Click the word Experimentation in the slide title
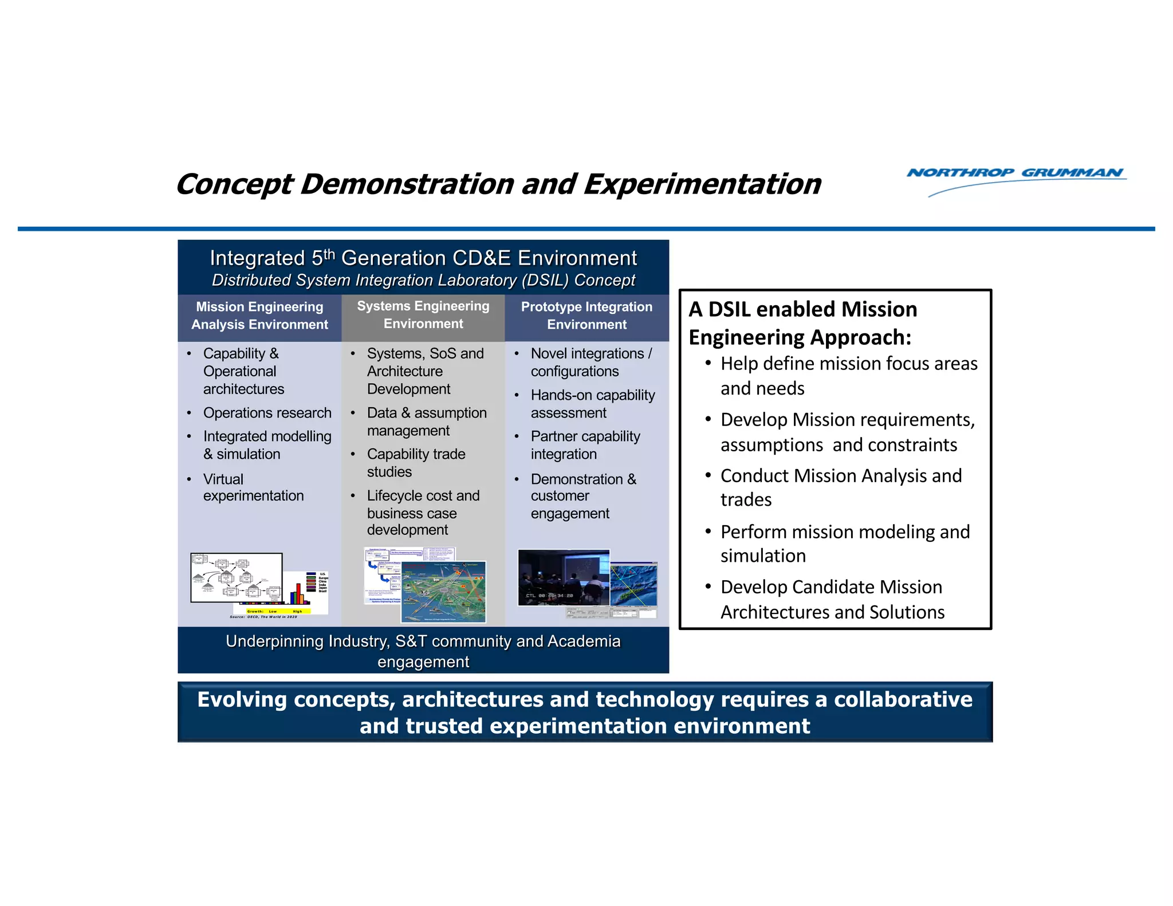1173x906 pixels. (x=702, y=185)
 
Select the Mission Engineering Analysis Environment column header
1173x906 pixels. (x=259, y=316)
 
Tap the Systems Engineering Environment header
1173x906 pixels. (x=423, y=315)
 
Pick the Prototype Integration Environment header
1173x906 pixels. (x=586, y=316)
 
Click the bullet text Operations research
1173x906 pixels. (x=267, y=413)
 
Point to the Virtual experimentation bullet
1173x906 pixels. (x=253, y=487)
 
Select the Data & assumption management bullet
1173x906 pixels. (x=427, y=422)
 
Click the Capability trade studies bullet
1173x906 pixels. (x=416, y=463)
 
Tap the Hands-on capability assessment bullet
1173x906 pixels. (x=592, y=404)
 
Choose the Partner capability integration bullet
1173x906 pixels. (x=585, y=445)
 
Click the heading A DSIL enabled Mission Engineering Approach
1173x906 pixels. (x=802, y=323)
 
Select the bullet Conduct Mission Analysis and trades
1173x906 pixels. (x=840, y=487)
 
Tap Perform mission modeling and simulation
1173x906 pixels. (x=845, y=543)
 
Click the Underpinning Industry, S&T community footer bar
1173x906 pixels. (x=423, y=651)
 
